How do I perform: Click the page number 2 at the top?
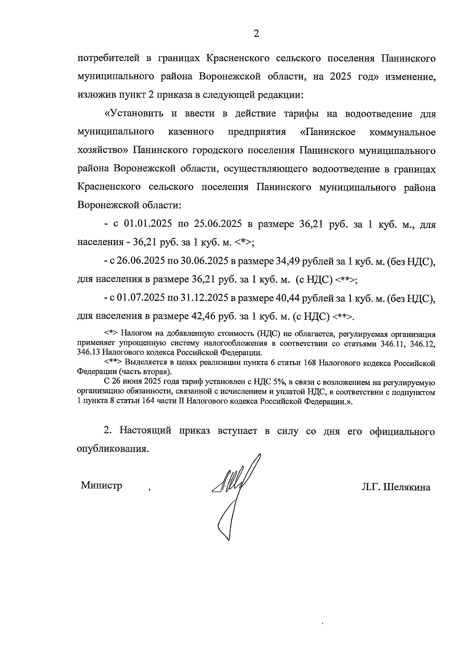pos(256,34)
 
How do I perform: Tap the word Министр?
pos(101,486)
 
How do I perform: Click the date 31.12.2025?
pos(203,298)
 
